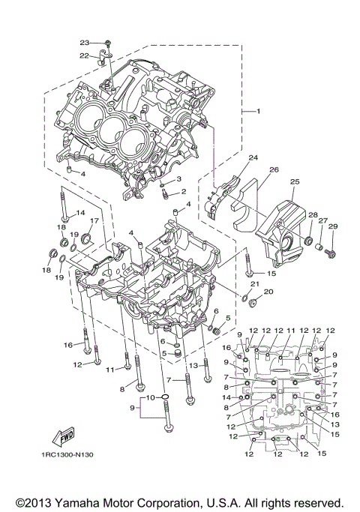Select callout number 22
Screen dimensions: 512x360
pyautogui.click(x=84, y=55)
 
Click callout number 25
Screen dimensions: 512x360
pyautogui.click(x=294, y=181)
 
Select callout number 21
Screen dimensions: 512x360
pyautogui.click(x=255, y=285)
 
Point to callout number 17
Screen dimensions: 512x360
pyautogui.click(x=95, y=221)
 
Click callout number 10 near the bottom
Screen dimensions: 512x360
pyautogui.click(x=150, y=397)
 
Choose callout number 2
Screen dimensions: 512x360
pyautogui.click(x=183, y=192)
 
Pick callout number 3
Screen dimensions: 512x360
pyautogui.click(x=179, y=178)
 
